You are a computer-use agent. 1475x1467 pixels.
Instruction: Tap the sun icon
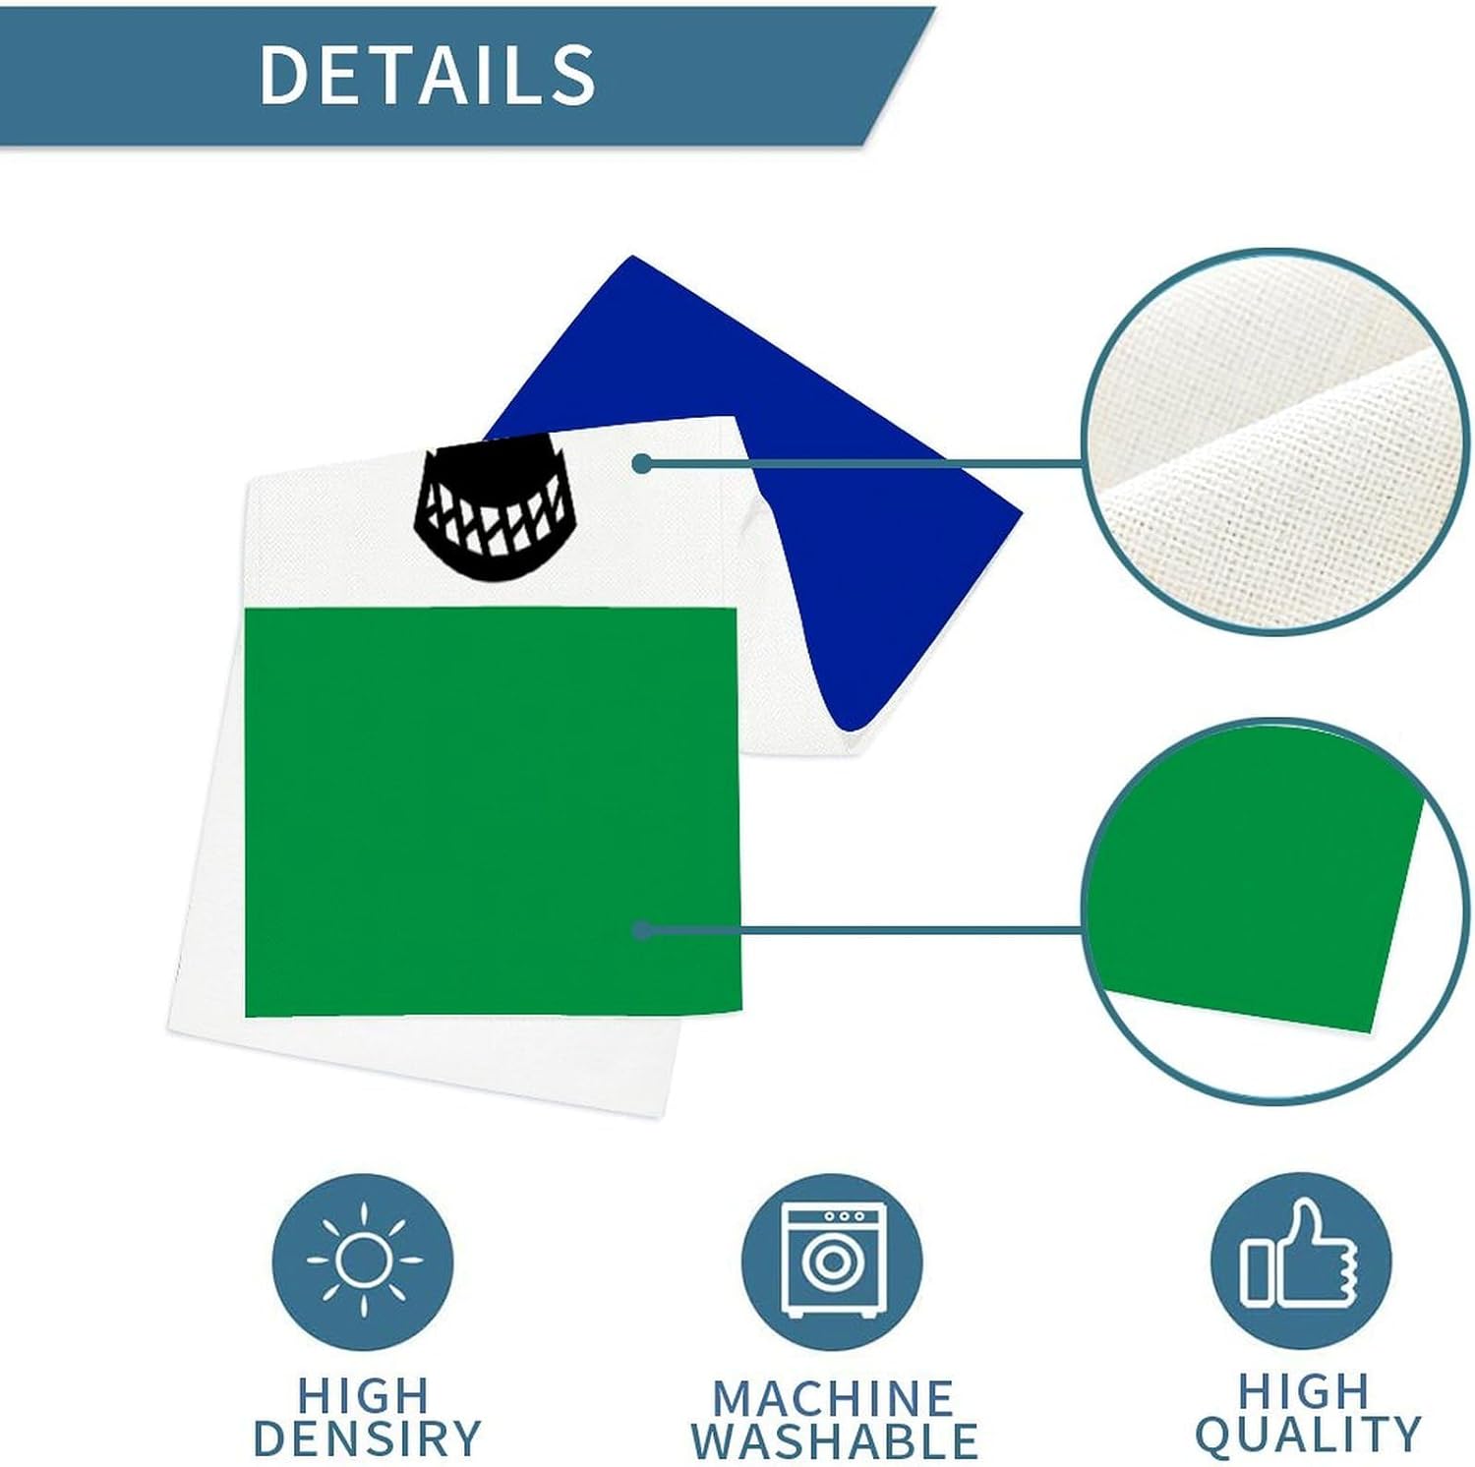point(363,1259)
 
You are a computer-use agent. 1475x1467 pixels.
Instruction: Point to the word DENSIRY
point(367,1438)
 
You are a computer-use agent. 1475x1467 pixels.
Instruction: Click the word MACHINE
point(832,1397)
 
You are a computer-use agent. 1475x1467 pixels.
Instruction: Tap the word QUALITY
point(1308,1435)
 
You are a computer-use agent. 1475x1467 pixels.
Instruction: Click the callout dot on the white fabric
point(642,463)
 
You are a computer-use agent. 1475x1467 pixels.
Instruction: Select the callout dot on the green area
point(642,929)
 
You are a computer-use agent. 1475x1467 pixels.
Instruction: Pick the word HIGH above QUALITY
point(1303,1391)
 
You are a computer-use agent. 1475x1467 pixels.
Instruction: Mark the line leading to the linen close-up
point(865,463)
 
